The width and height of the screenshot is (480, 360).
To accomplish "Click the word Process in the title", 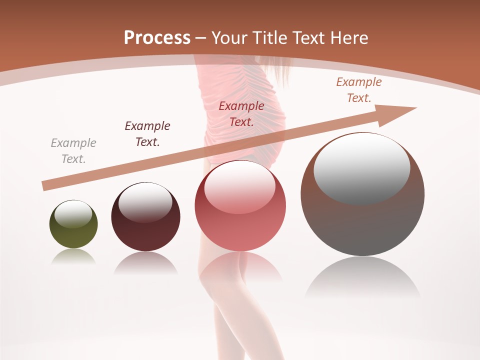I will tap(157, 38).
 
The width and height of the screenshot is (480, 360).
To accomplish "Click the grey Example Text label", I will tap(73, 151).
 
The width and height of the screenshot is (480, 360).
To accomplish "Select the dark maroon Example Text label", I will tap(147, 134).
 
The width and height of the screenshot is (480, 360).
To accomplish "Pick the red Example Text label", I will tap(241, 113).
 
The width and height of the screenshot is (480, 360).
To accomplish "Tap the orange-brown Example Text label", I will tap(359, 90).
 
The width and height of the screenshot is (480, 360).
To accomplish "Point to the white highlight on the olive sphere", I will tap(73, 214).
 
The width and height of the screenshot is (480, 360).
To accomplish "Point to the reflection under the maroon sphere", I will tap(145, 262).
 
